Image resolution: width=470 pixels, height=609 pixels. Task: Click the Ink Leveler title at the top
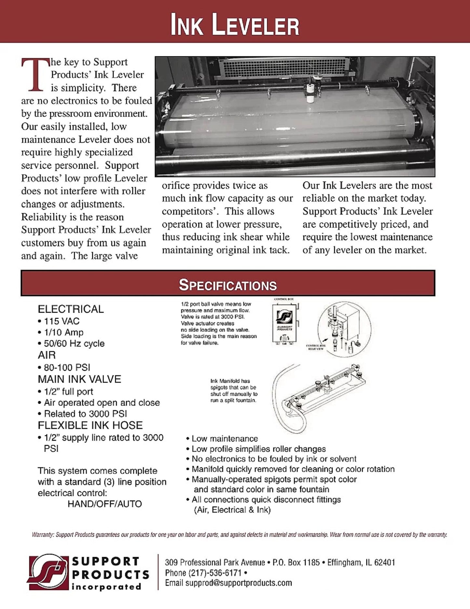pos(235,24)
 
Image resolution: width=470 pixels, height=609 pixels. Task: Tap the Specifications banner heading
pos(228,285)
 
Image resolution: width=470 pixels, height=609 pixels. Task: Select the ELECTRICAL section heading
pos(71,309)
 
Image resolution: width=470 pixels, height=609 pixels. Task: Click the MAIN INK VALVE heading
pos(79,379)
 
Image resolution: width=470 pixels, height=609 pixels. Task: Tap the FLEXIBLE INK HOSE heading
pos(90,425)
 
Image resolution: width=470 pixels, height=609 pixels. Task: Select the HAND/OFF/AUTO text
pos(105,504)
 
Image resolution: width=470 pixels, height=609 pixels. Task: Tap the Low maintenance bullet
pos(224,439)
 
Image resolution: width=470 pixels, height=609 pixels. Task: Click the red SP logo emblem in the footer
pos(49,572)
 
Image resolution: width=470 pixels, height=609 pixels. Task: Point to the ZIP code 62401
pos(384,562)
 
